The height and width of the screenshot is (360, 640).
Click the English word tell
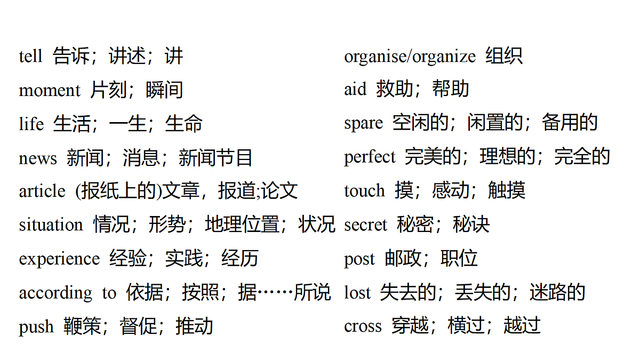pyautogui.click(x=30, y=56)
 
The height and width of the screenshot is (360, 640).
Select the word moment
pyautogui.click(x=50, y=90)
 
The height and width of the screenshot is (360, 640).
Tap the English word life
pyautogui.click(x=31, y=123)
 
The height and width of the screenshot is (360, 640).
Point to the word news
pyautogui.click(x=38, y=158)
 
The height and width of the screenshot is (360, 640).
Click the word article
pyautogui.click(x=42, y=190)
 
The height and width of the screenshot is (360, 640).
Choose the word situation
pyautogui.click(x=51, y=225)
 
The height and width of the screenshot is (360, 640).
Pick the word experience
pyautogui.click(x=59, y=259)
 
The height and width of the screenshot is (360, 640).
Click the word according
pyautogui.click(x=55, y=293)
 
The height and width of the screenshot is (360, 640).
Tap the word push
pyautogui.click(x=36, y=327)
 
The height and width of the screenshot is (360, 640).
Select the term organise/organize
pyautogui.click(x=410, y=57)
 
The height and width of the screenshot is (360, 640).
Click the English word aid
pyautogui.click(x=355, y=89)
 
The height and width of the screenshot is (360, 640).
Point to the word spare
pyautogui.click(x=363, y=124)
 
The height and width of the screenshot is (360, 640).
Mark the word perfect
pyautogui.click(x=370, y=157)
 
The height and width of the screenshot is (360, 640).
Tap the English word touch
pyautogui.click(x=364, y=190)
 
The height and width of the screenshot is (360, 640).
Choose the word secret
pyautogui.click(x=365, y=225)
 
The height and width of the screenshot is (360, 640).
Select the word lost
pyautogui.click(x=357, y=293)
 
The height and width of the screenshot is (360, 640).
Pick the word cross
pyautogui.click(x=363, y=326)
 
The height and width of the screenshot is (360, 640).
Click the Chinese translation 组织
pyautogui.click(x=505, y=55)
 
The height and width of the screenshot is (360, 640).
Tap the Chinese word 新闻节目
pyautogui.click(x=215, y=158)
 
